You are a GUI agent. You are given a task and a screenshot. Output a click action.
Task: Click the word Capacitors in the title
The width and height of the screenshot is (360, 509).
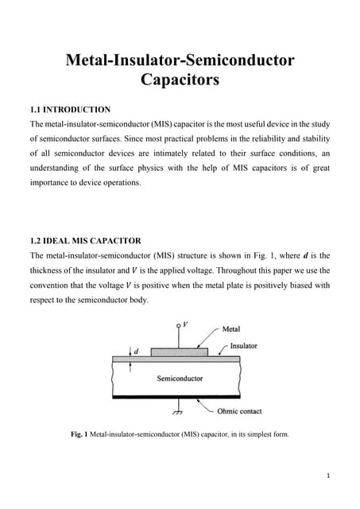pyautogui.click(x=179, y=80)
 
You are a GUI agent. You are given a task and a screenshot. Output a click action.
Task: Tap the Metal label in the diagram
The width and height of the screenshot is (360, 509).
pyautogui.click(x=231, y=328)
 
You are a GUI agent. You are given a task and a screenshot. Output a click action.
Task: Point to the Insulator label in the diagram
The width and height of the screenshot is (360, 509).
pyautogui.click(x=243, y=346)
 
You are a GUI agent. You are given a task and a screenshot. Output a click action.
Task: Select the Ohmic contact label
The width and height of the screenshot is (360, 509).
pyautogui.click(x=239, y=411)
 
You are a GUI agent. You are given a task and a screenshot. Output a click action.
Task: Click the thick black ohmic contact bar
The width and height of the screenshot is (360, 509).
pyautogui.click(x=176, y=396)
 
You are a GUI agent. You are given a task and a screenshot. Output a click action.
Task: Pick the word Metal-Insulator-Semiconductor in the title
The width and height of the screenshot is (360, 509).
pyautogui.click(x=179, y=60)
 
